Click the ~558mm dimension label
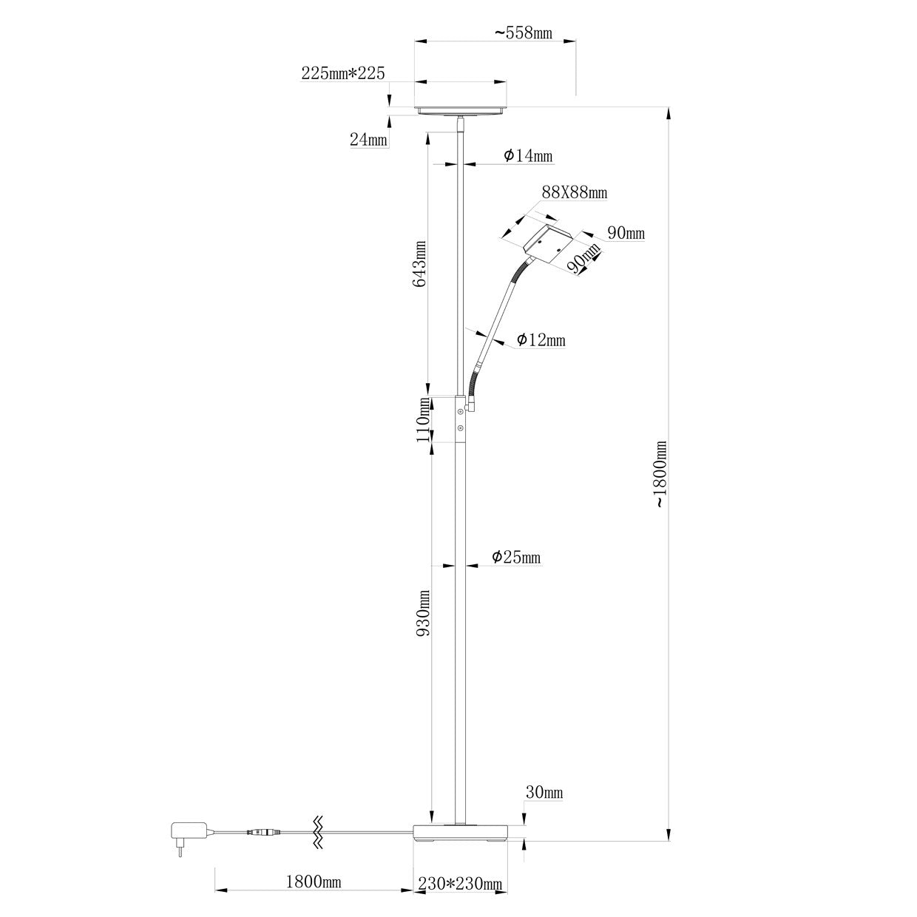pyautogui.click(x=524, y=33)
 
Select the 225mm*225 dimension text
pyautogui.click(x=342, y=72)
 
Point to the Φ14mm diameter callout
pyautogui.click(x=528, y=156)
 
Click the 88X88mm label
pyautogui.click(x=575, y=193)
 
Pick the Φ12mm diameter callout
pyautogui.click(x=541, y=340)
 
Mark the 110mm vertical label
pyautogui.click(x=422, y=419)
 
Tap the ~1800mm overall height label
pyautogui.click(x=660, y=474)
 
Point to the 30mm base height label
pyautogui.click(x=544, y=793)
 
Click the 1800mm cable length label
pyautogui.click(x=313, y=882)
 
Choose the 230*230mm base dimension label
pyautogui.click(x=460, y=883)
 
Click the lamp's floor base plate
pyautogui.click(x=461, y=833)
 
